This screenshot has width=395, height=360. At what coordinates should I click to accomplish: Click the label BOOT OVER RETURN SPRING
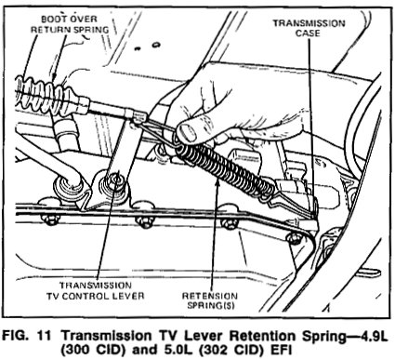[70, 24]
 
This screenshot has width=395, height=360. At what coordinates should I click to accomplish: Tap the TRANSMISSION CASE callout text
[309, 28]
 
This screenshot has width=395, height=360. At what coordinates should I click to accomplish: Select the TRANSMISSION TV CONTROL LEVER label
[96, 290]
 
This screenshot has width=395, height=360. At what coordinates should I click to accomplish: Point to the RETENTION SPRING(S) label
[210, 300]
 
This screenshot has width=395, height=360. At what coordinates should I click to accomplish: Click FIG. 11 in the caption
[26, 336]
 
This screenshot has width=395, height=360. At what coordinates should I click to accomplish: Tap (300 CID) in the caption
[93, 351]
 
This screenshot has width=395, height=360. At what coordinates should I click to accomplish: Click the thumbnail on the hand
[187, 131]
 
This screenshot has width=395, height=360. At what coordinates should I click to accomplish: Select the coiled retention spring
[225, 170]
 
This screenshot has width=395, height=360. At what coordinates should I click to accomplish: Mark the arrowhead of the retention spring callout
[217, 183]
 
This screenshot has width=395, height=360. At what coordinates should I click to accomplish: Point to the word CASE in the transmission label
[308, 33]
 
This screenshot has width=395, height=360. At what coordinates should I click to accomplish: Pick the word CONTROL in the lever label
[87, 296]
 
